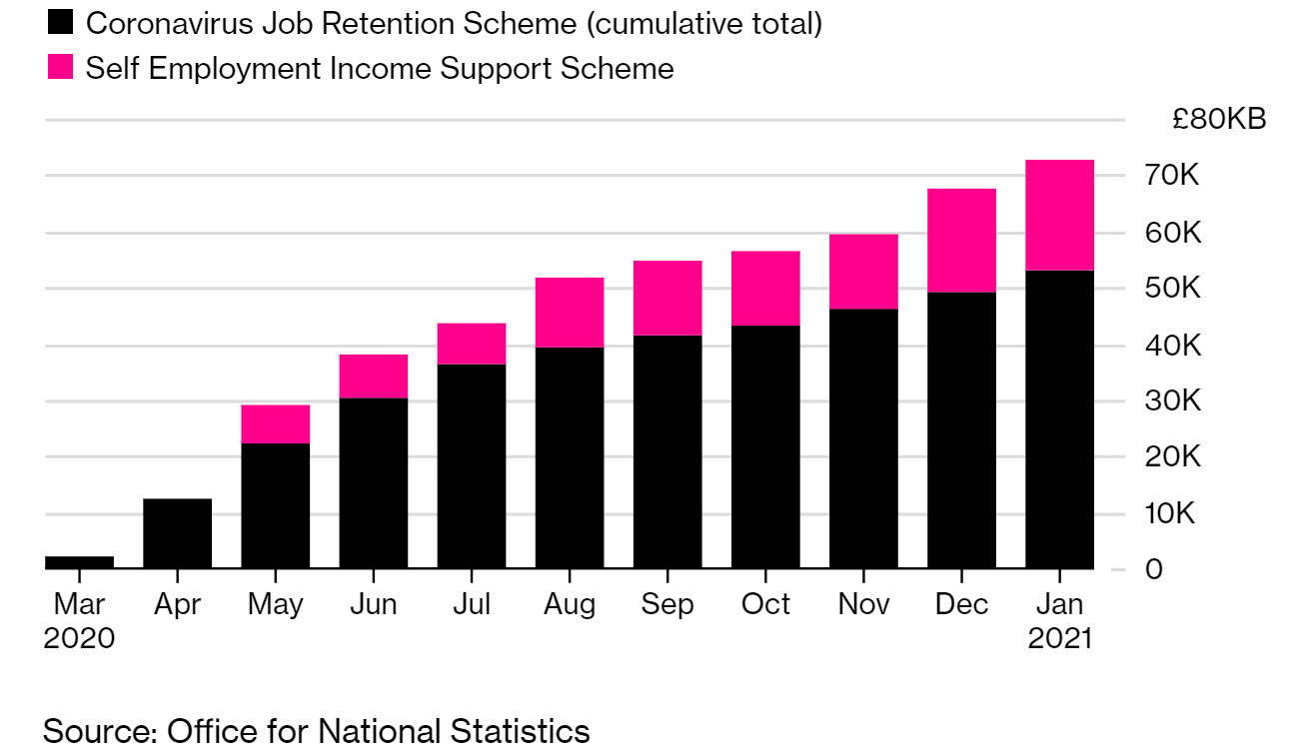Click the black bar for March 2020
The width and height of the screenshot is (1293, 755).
pos(79,562)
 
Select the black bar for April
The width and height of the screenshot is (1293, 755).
pos(177,533)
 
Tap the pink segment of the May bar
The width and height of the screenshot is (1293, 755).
pos(275,423)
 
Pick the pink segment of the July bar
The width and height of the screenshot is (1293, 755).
pos(471,344)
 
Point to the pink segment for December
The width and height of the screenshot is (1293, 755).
pos(961,240)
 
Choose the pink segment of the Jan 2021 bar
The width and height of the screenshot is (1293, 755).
pos(1059,215)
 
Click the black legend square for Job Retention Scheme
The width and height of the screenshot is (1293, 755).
pos(60,22)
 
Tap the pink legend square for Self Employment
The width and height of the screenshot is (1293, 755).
pos(60,68)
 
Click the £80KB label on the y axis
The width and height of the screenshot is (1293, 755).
pos(1219,120)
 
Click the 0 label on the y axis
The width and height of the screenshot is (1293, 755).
pos(1181,569)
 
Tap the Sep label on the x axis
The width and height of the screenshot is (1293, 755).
pos(667,604)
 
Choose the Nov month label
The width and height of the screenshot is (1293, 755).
pos(863,604)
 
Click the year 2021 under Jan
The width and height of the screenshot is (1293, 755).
pos(1059,638)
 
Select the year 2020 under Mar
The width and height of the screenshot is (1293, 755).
pos(79,638)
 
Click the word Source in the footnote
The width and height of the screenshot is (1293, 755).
pos(96,731)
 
